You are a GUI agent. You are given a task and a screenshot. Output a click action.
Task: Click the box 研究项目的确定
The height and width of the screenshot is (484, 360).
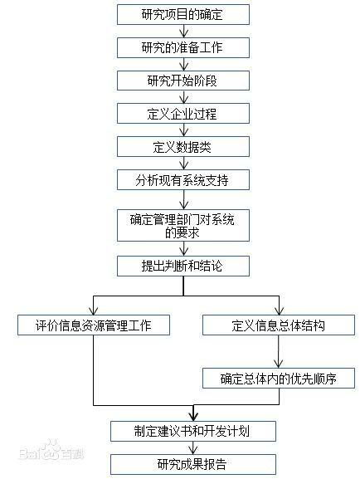pos(183,14)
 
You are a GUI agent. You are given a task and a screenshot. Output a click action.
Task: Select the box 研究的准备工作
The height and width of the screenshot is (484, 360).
pos(183,47)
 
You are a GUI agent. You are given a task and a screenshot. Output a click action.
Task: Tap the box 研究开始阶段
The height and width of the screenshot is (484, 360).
pos(183,81)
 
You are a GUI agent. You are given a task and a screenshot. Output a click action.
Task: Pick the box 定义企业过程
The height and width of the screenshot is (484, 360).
pos(183,114)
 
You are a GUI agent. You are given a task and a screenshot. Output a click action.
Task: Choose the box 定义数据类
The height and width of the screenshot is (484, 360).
pos(183,147)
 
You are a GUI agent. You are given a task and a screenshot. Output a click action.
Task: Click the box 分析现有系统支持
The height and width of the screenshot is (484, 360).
pos(183,179)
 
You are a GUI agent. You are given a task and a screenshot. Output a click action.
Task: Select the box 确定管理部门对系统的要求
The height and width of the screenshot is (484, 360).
pos(183,225)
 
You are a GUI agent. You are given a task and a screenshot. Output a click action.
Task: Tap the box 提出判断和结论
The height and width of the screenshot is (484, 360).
pos(183,266)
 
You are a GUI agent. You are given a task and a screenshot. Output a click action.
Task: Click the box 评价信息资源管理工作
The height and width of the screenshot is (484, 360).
pos(94,325)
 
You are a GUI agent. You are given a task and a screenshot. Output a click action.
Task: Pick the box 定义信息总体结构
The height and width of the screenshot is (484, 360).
pos(279,325)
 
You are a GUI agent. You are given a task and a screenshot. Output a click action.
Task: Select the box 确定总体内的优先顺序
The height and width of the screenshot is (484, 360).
pos(279,378)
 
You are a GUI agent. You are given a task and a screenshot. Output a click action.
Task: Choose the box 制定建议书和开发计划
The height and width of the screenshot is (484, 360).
pos(193,431)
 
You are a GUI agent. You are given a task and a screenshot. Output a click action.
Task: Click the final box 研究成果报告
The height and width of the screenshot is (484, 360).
pos(193,464)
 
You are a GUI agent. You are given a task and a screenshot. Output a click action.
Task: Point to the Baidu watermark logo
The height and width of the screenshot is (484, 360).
pos(51,451)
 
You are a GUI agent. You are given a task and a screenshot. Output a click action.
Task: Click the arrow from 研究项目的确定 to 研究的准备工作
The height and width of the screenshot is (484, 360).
pos(184,32)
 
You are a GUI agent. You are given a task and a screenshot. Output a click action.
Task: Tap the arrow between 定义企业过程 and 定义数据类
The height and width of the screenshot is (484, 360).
pos(184,130)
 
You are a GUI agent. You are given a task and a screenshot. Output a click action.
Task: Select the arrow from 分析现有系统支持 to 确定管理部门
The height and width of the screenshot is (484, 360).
pos(184,200)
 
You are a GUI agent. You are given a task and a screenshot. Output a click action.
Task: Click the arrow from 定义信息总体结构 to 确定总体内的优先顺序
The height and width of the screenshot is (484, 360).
pos(279,351)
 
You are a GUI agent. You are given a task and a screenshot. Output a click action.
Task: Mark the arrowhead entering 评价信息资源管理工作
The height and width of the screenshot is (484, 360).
pos(94,311)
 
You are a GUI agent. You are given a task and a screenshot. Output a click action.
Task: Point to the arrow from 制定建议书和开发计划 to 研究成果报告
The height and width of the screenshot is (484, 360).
pos(193,447)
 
